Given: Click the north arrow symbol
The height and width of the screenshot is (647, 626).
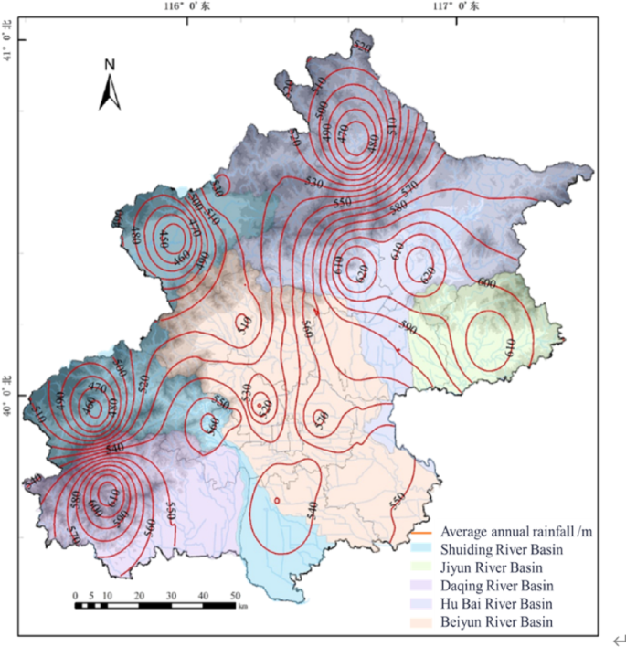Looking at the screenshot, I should pos(110,90).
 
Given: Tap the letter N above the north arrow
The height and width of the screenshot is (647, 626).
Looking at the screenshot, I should pos(110,64).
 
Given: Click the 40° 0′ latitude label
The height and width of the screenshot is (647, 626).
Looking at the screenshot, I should pos(8,386).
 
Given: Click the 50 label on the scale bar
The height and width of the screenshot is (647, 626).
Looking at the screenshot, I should pos(235,596).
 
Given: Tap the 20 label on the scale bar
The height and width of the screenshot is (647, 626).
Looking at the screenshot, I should pos(140,596).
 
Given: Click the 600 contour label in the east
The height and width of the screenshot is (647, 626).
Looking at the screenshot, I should pos(486,283).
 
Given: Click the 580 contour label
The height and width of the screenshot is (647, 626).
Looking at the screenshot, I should pos(397,207).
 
